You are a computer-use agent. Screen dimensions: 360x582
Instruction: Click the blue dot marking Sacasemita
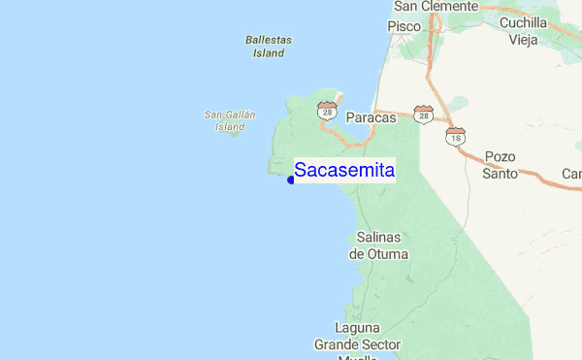tap(291, 180)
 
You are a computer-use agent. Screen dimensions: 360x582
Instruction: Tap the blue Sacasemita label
tap(344, 171)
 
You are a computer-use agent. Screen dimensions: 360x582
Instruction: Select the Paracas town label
tap(372, 116)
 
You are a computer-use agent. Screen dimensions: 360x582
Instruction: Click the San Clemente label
tap(436, 6)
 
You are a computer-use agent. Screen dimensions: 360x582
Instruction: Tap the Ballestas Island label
tap(269, 47)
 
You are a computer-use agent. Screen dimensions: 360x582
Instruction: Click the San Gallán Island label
tap(230, 120)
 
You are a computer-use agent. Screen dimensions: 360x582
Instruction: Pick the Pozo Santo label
tap(500, 165)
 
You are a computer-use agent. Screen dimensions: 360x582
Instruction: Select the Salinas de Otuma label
tap(378, 245)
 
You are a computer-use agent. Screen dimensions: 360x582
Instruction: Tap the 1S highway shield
tap(456, 138)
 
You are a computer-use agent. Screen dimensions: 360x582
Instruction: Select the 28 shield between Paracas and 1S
tap(423, 115)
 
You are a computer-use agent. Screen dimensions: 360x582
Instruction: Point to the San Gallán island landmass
tap(232, 132)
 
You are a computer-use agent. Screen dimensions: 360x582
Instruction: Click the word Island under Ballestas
tap(269, 53)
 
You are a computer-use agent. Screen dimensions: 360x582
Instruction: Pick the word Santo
tap(500, 174)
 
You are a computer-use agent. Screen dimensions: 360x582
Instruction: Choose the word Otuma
tap(386, 254)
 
